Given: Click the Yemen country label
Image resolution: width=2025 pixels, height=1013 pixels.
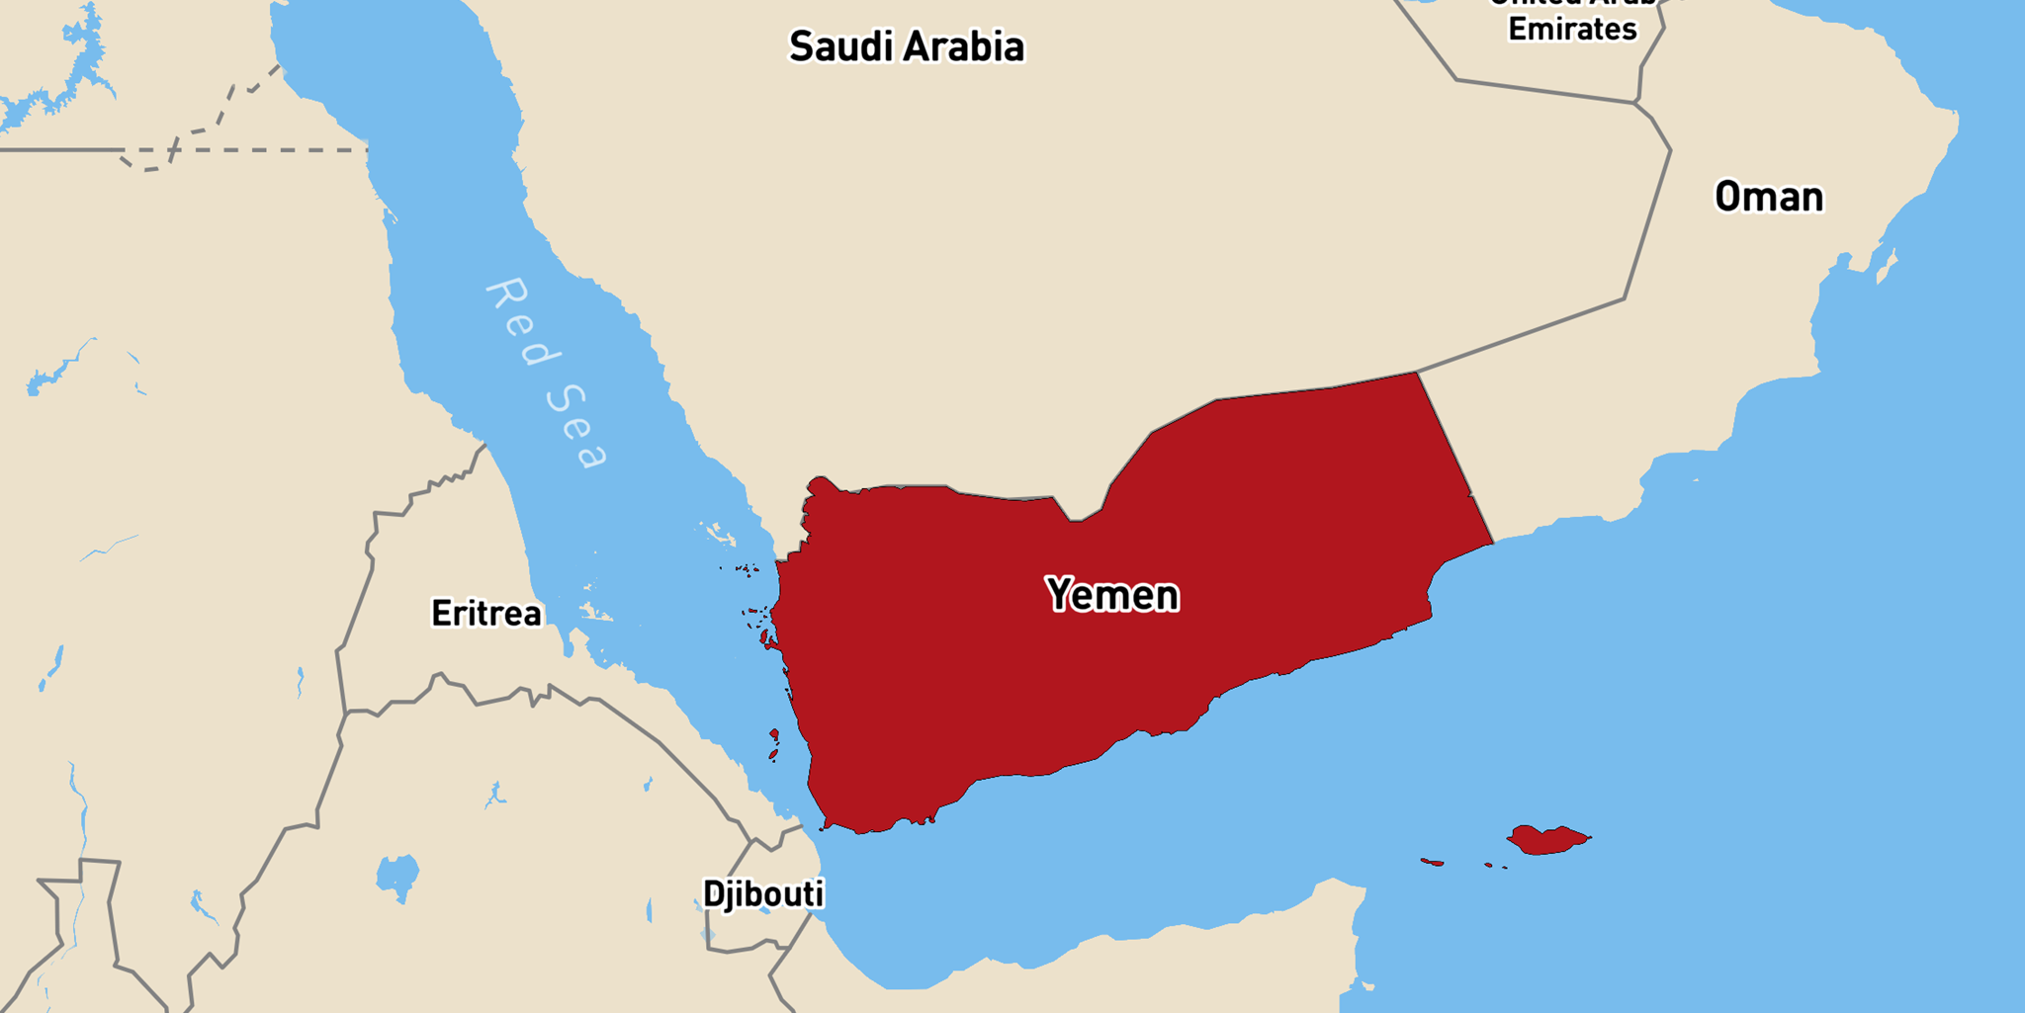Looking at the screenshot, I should pyautogui.click(x=1112, y=595).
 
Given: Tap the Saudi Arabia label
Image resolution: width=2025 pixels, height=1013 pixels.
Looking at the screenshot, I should pyautogui.click(x=906, y=46).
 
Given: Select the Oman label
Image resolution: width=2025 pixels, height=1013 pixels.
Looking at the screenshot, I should pyautogui.click(x=1769, y=197).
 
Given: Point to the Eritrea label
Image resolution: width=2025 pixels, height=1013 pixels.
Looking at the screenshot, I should pyautogui.click(x=486, y=614).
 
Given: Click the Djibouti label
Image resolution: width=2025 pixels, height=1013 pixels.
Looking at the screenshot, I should pyautogui.click(x=762, y=893).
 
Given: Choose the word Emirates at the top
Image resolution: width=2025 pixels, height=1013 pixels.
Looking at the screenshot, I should pyautogui.click(x=1572, y=30).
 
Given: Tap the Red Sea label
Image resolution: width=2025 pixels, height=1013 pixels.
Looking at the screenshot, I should pyautogui.click(x=547, y=373).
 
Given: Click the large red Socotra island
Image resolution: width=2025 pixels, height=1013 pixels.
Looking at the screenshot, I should pyautogui.click(x=1546, y=840).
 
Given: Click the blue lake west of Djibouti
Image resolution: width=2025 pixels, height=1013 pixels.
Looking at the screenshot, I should pyautogui.click(x=397, y=876).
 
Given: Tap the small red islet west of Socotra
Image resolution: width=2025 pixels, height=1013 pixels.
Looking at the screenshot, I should pyautogui.click(x=1432, y=863).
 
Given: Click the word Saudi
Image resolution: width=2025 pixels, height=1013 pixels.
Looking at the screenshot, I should pyautogui.click(x=842, y=46).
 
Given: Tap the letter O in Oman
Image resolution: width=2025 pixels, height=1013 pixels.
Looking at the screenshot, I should pyautogui.click(x=1727, y=197).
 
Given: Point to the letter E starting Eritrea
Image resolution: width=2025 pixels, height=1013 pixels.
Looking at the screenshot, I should pyautogui.click(x=440, y=614).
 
